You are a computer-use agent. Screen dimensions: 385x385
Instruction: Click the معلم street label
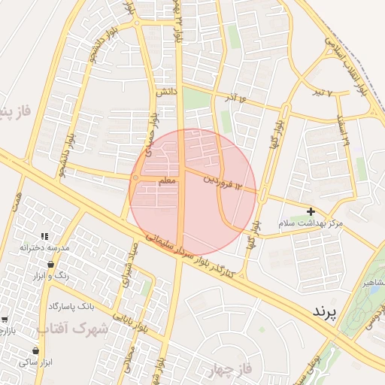point(168,182)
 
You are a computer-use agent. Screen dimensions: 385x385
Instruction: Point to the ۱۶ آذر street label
point(235,98)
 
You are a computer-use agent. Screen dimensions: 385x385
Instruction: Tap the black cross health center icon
point(311,212)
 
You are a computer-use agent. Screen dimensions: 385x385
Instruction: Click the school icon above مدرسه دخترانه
point(44,236)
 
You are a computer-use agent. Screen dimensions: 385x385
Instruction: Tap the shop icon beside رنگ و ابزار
point(50,265)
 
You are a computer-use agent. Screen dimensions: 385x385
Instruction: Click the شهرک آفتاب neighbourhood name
point(72,329)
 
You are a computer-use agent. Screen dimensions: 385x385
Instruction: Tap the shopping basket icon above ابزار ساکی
point(35,350)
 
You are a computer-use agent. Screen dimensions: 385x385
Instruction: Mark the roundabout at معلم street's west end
point(135,178)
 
